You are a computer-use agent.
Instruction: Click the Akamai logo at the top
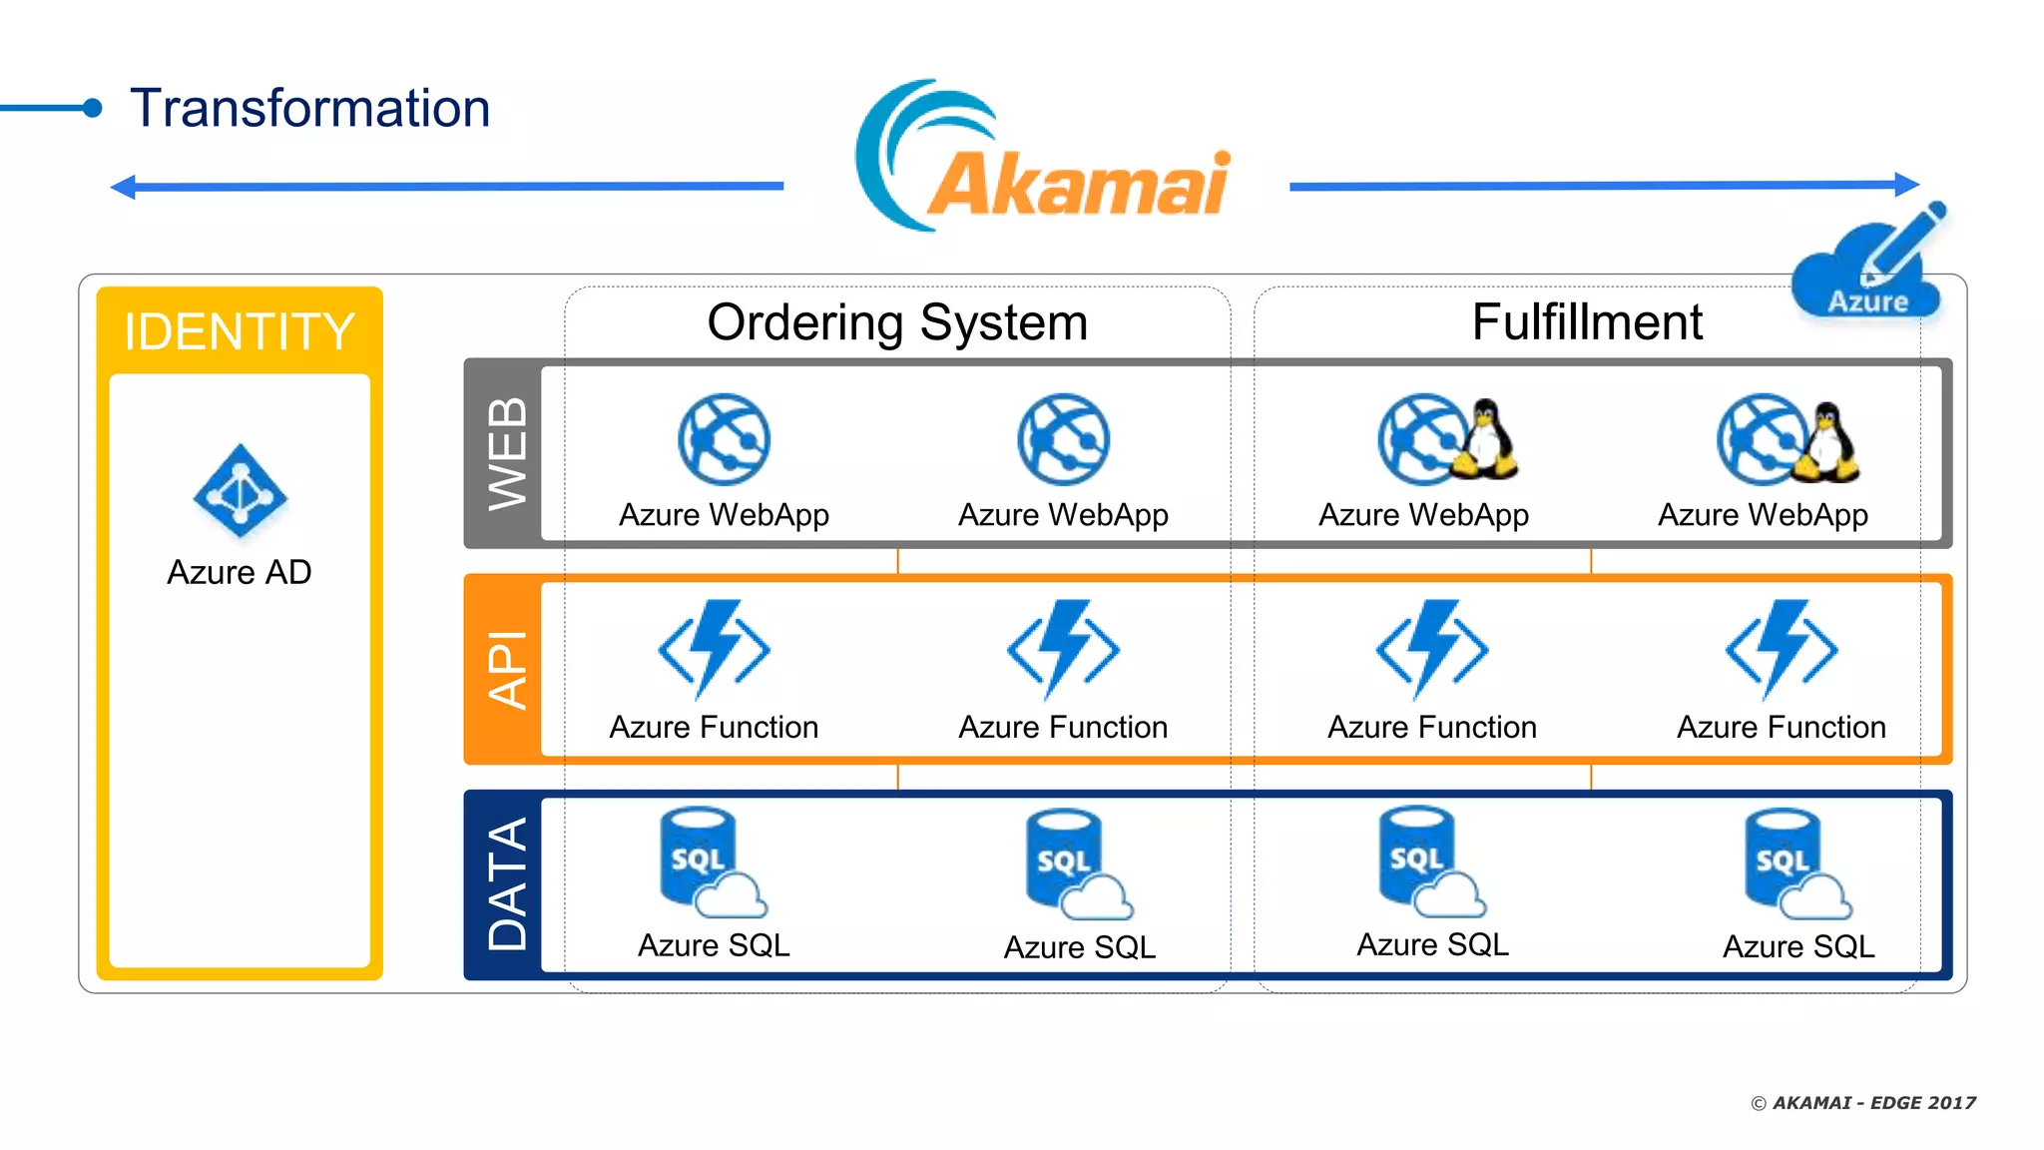click(x=1043, y=160)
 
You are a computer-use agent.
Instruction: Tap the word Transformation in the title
click(x=310, y=108)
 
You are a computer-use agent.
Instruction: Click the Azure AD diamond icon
click(x=240, y=491)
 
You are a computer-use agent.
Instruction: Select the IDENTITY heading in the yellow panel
click(x=240, y=331)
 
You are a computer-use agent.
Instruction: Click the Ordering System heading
click(x=897, y=322)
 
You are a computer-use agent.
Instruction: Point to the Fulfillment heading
click(x=1587, y=322)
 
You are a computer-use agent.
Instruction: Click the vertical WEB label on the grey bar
click(x=507, y=454)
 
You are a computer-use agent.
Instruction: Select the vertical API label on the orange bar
click(x=507, y=669)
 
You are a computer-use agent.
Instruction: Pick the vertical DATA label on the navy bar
click(x=507, y=884)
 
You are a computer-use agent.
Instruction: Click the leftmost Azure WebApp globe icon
click(x=724, y=439)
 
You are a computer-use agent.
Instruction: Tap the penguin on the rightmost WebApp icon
click(x=1826, y=441)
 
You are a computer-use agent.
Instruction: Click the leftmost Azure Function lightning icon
click(x=715, y=649)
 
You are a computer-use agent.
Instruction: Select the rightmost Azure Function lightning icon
click(x=1782, y=649)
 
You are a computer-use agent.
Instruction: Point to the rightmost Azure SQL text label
click(x=1798, y=946)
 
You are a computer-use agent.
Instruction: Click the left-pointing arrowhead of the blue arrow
click(x=123, y=187)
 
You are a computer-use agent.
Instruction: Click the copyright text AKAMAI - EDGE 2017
click(x=1863, y=1103)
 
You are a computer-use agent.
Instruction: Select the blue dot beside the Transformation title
click(x=93, y=108)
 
